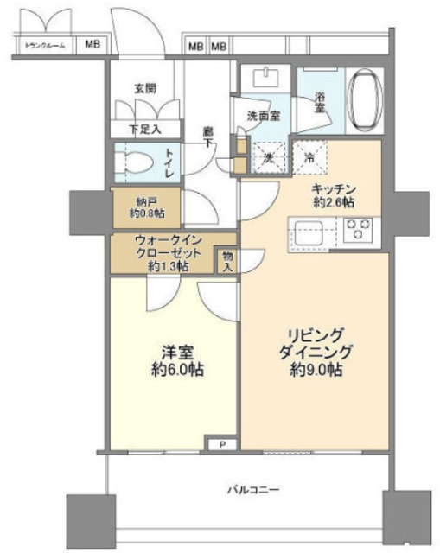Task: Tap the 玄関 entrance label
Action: pos(144,88)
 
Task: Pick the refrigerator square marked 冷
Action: pos(310,158)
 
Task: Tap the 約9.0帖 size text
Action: pos(316,370)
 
